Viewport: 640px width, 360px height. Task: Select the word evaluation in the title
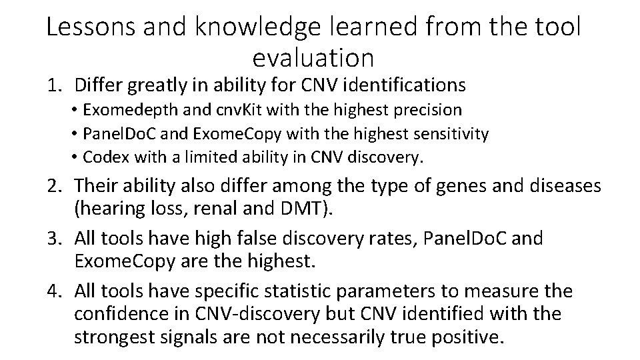pos(313,58)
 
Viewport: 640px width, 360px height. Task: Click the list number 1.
pos(53,85)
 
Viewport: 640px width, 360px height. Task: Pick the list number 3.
pos(54,238)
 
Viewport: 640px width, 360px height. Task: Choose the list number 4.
pos(54,291)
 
